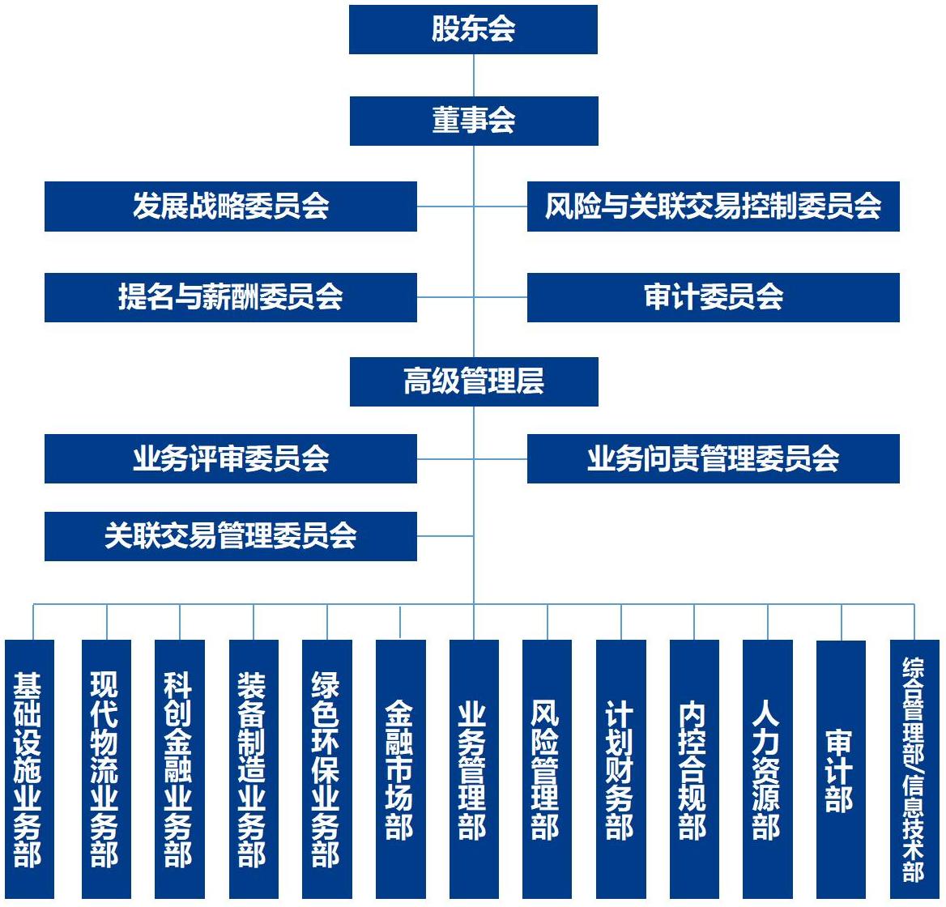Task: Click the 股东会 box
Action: [473, 30]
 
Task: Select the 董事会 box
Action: [474, 121]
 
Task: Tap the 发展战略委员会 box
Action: [231, 207]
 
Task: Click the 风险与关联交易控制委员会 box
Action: [713, 207]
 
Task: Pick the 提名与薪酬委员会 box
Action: [231, 297]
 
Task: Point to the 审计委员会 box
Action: [713, 297]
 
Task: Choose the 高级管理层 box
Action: [474, 381]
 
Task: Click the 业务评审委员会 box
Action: [231, 459]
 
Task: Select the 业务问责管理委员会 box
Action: [713, 459]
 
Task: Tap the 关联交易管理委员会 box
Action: [231, 536]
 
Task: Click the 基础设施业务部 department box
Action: [29, 769]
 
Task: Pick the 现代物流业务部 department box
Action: [106, 769]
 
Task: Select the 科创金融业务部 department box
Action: [179, 769]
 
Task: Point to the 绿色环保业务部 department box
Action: [326, 769]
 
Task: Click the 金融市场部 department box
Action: [400, 769]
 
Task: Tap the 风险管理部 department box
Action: [547, 769]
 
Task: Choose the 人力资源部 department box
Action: [767, 769]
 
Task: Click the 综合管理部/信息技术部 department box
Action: [914, 769]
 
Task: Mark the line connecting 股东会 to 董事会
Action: [474, 75]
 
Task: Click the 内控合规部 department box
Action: [694, 769]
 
